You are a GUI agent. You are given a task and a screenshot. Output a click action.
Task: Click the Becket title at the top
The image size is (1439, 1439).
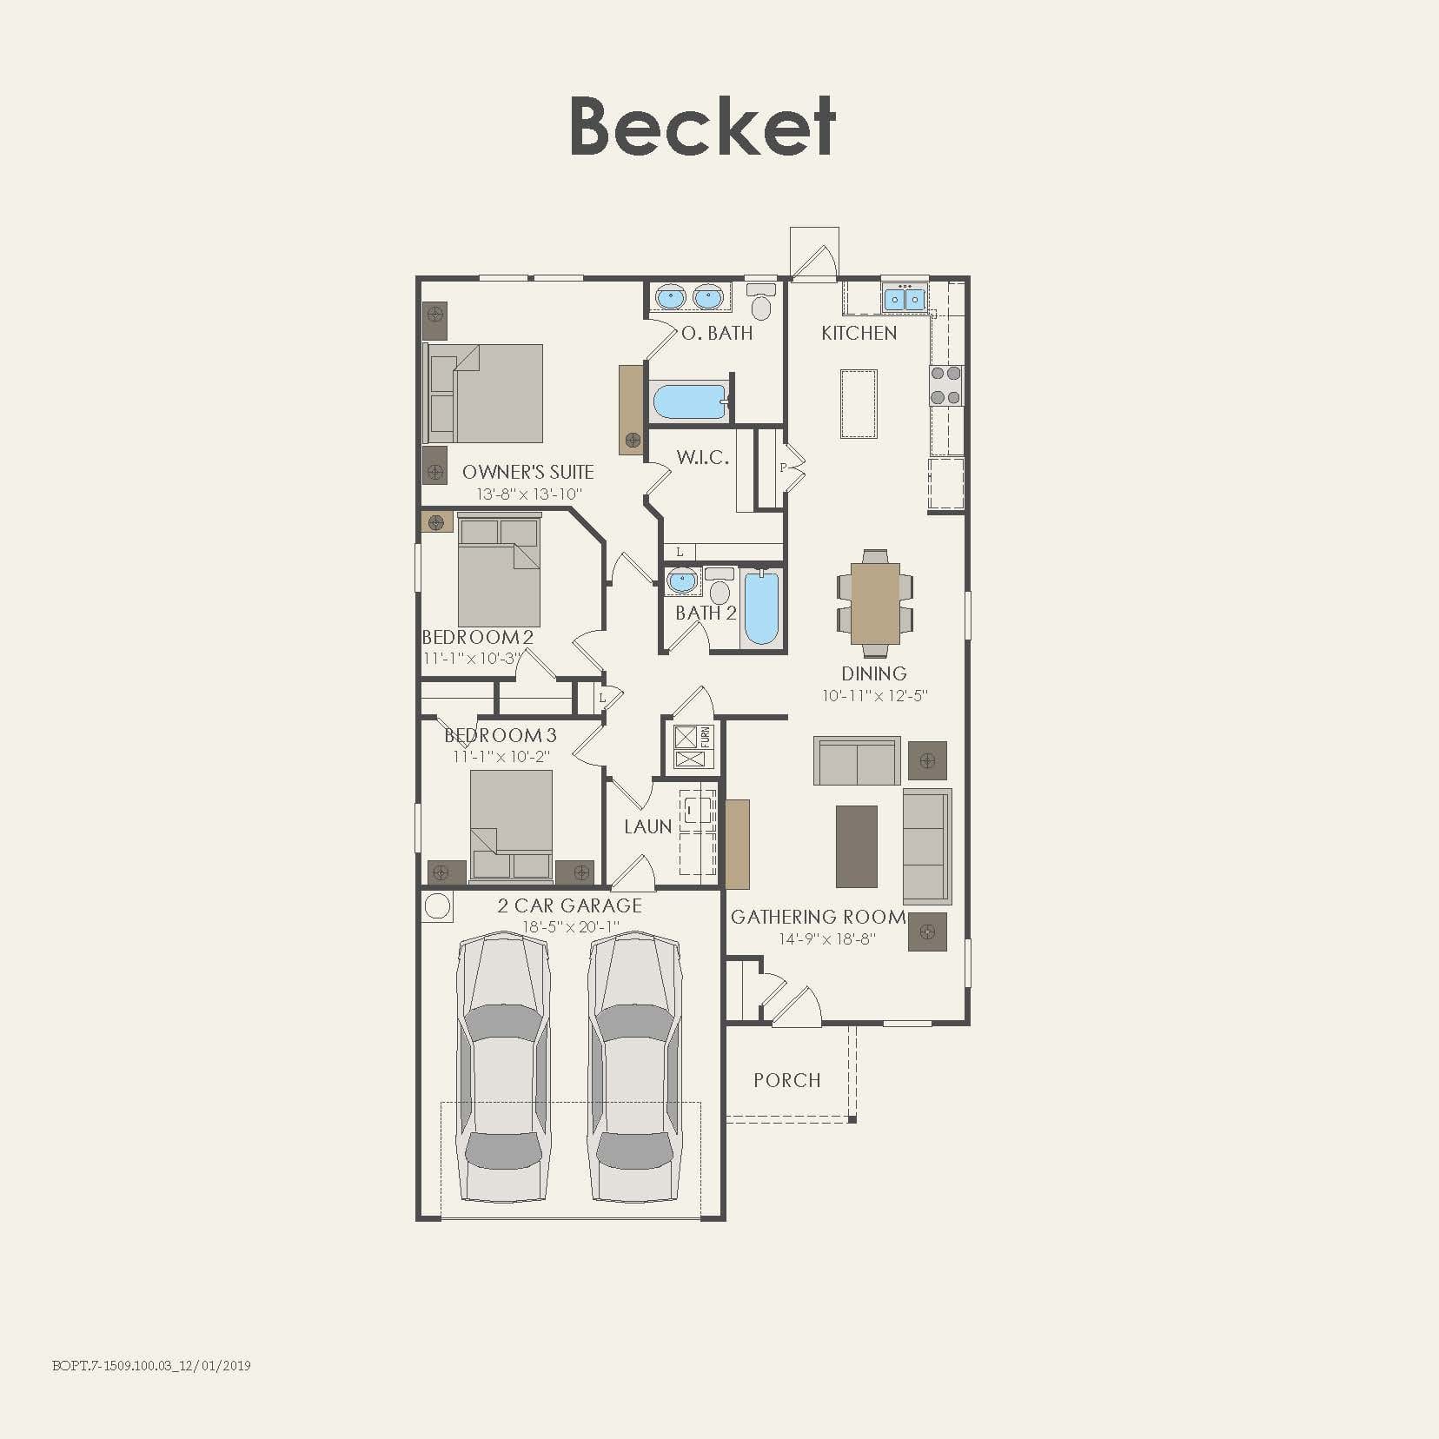(x=702, y=127)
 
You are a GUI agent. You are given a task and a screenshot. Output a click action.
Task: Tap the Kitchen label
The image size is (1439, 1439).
(x=859, y=333)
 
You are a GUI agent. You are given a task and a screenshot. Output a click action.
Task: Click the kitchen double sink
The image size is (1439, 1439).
(x=904, y=299)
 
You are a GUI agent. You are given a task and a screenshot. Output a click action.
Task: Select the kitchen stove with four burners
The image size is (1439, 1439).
(x=946, y=386)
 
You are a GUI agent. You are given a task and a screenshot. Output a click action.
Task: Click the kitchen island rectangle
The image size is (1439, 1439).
(x=858, y=404)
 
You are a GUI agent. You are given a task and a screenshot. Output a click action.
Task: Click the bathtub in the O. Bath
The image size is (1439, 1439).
(x=689, y=402)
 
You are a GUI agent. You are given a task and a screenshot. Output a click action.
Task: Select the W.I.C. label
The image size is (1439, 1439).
(x=702, y=458)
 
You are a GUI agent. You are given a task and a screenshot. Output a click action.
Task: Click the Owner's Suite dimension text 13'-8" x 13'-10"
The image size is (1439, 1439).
(x=528, y=494)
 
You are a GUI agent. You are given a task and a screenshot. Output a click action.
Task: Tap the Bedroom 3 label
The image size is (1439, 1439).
(x=501, y=735)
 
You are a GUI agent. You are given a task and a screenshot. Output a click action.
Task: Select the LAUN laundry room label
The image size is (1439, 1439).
(x=648, y=826)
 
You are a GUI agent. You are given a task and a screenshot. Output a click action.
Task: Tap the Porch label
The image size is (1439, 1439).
(x=786, y=1080)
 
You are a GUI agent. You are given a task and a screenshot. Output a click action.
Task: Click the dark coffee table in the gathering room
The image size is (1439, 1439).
(x=856, y=845)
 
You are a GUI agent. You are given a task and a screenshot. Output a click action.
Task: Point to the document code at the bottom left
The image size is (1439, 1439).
(x=151, y=1365)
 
